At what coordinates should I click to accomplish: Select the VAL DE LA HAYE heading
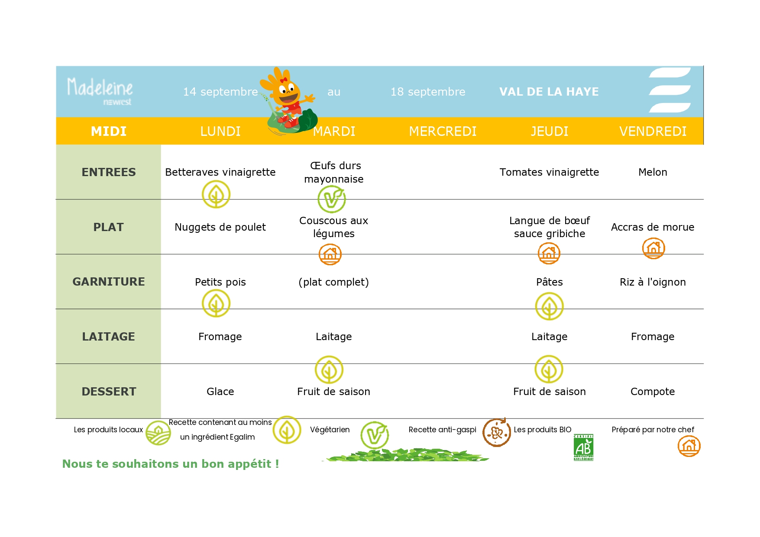pos(549,92)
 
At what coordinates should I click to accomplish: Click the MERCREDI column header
pos(443,131)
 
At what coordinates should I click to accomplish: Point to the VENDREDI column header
pos(653,131)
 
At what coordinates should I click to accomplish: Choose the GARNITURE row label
pos(109,282)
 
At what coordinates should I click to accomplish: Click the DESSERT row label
pos(109,392)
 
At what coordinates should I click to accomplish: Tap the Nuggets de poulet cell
pos(220,227)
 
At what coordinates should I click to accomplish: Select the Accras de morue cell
pos(653,227)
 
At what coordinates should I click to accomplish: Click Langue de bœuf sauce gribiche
pos(550,227)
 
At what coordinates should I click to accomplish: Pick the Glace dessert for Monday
pos(220,392)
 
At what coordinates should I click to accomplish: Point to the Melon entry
pos(653,172)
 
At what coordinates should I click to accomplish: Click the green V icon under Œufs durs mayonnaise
pos(332,199)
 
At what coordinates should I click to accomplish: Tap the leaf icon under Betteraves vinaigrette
pos(216,194)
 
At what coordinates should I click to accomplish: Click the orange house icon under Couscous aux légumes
pos(330,254)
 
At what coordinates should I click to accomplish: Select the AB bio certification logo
pos(583,447)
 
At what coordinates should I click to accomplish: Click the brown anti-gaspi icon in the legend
pos(497,432)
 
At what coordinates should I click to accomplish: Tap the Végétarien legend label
pos(330,430)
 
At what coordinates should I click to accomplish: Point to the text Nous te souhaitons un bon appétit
pos(171,464)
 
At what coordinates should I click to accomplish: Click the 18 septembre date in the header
pos(428,92)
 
